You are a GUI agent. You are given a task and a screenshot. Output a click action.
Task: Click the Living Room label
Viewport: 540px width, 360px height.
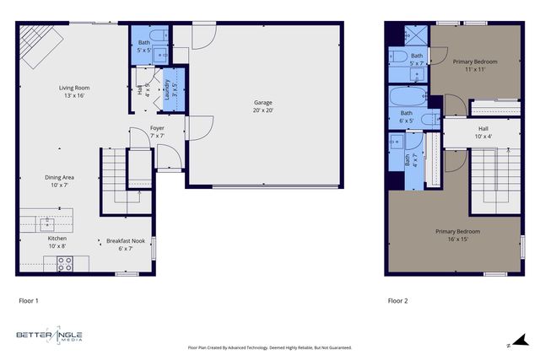click(74, 91)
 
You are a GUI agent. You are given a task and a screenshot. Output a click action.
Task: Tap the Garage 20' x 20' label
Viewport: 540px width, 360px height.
click(263, 106)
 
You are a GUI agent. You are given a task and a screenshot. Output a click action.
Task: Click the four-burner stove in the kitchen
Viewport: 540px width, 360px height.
click(65, 264)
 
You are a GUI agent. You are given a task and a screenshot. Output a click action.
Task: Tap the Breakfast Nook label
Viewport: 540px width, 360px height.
click(126, 244)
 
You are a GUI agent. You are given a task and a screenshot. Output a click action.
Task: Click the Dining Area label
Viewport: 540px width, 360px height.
click(60, 180)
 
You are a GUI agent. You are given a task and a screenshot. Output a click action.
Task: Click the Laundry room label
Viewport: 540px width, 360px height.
click(167, 89)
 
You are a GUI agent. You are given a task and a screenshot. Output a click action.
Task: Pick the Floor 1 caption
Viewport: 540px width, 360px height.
click(29, 300)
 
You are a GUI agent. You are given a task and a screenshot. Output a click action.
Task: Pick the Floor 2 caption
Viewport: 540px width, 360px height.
click(397, 300)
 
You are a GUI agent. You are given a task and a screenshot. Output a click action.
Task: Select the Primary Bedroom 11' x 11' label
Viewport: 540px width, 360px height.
click(474, 65)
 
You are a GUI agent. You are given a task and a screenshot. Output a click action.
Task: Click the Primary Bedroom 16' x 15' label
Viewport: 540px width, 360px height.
click(457, 234)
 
